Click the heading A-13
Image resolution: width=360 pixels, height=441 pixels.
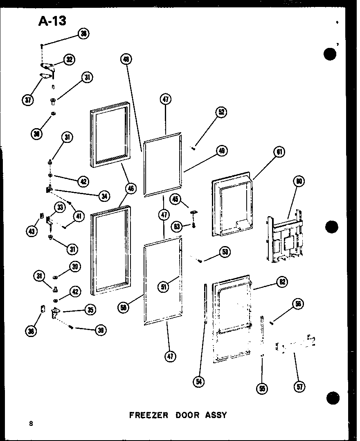(52, 20)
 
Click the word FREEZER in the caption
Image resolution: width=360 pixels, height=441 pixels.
(149, 415)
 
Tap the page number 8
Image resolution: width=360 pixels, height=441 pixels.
(31, 423)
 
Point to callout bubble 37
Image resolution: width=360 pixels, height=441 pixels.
(28, 100)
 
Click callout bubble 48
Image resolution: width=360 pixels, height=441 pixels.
(126, 60)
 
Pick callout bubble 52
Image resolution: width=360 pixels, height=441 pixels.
(221, 112)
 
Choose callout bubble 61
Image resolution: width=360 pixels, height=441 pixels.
(279, 152)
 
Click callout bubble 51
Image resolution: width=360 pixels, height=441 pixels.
(164, 287)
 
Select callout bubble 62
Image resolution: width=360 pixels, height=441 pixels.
(282, 282)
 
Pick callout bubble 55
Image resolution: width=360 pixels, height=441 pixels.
(262, 388)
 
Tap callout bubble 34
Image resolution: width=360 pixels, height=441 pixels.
(104, 196)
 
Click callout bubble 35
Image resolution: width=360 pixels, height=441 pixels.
(90, 310)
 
